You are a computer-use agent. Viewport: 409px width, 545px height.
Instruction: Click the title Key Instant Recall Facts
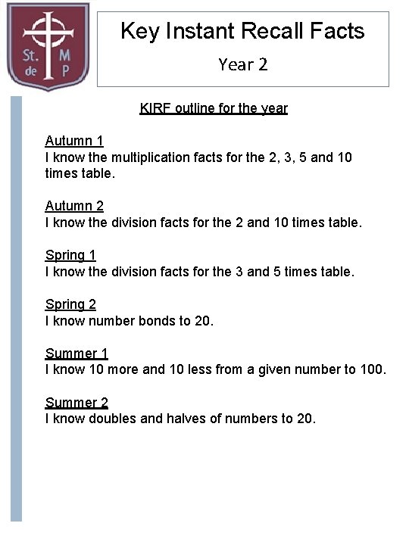click(x=242, y=31)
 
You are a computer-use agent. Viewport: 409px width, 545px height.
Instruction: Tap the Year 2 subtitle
click(x=242, y=64)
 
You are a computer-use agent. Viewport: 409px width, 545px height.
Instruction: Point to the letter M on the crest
click(x=66, y=57)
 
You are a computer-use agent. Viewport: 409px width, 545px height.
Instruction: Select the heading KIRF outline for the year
click(x=214, y=108)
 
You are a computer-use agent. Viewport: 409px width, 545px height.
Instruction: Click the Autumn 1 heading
click(x=74, y=141)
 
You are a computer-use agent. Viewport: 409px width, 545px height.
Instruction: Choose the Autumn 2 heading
click(x=74, y=206)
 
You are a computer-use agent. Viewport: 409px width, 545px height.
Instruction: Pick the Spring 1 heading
click(x=70, y=255)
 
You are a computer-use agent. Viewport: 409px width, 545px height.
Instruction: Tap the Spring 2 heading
click(x=70, y=304)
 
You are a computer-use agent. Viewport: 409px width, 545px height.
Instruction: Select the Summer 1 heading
click(x=76, y=353)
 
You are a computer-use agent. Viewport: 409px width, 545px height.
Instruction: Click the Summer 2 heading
click(x=76, y=403)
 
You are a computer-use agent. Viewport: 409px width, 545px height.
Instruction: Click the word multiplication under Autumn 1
click(x=148, y=157)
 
